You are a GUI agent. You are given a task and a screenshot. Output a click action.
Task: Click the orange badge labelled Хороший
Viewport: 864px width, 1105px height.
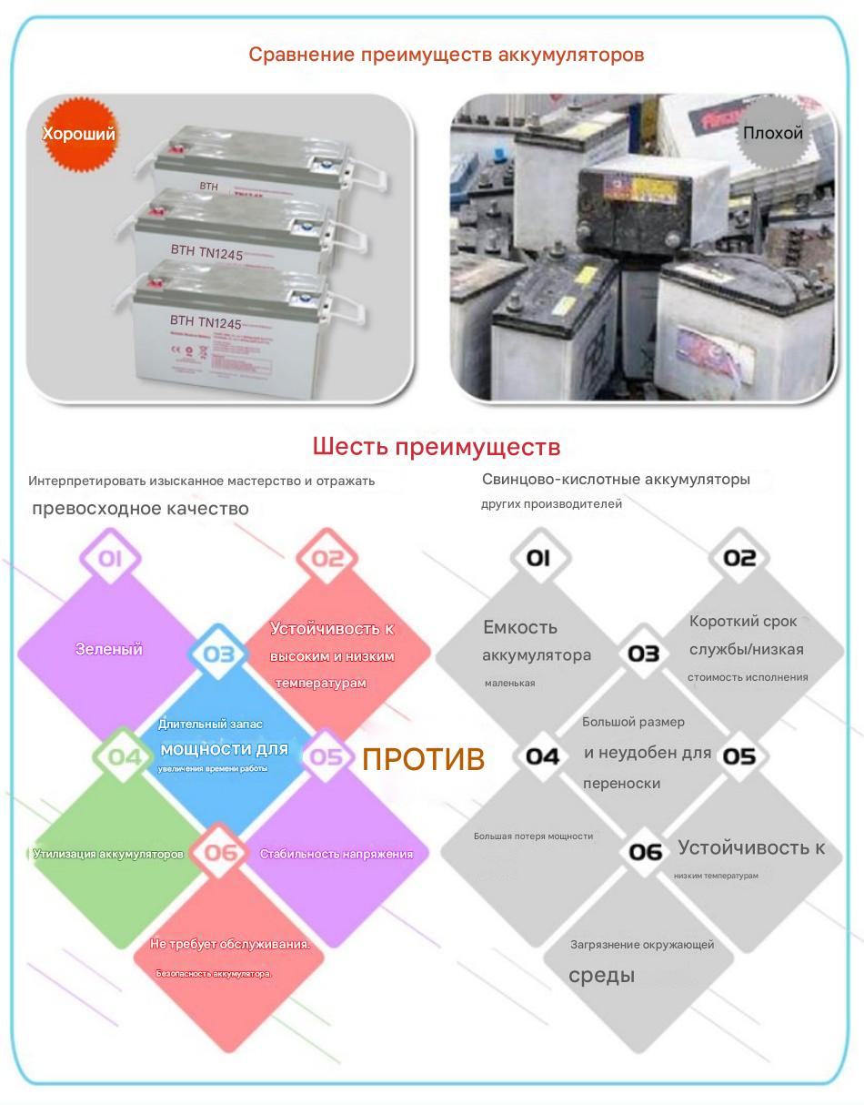[x=79, y=135]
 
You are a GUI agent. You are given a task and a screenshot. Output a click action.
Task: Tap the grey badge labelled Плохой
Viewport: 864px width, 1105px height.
[x=772, y=133]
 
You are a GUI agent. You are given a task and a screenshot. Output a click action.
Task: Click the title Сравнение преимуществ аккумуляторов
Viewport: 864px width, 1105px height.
[x=447, y=55]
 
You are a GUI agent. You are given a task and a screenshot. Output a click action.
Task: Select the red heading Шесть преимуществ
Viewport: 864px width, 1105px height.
[x=436, y=447]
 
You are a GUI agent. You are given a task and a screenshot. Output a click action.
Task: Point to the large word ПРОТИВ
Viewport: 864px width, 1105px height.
[x=423, y=760]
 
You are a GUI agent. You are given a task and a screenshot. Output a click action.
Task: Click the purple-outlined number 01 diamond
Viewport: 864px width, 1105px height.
[x=110, y=558]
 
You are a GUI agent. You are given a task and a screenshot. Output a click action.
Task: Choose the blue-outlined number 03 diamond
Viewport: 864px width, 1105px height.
[x=218, y=654]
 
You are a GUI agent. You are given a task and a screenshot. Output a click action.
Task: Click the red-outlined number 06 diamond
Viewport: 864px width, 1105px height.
[x=220, y=853]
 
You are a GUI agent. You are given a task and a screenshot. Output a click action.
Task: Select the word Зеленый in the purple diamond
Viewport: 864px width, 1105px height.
[x=109, y=649]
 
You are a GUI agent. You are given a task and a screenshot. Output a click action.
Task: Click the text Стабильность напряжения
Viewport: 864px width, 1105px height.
[x=337, y=854]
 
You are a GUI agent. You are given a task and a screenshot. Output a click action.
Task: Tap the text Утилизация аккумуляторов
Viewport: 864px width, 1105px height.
[x=108, y=854]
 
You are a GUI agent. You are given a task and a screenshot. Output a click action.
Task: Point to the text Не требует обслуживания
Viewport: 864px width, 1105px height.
[x=230, y=944]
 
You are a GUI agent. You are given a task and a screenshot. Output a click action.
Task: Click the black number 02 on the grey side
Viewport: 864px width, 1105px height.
[x=738, y=558]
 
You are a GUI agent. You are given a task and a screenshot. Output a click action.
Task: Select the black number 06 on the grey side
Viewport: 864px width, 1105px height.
[x=646, y=852]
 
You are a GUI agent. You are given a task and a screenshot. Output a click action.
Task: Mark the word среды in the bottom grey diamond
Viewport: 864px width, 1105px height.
[x=601, y=976]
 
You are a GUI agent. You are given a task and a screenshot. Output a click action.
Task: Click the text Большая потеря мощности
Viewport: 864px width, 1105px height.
[x=533, y=836]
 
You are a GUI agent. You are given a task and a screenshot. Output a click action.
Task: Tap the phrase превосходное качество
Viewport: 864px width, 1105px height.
[x=140, y=509]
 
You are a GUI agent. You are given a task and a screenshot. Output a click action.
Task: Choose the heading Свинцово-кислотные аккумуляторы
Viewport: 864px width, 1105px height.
[x=617, y=479]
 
